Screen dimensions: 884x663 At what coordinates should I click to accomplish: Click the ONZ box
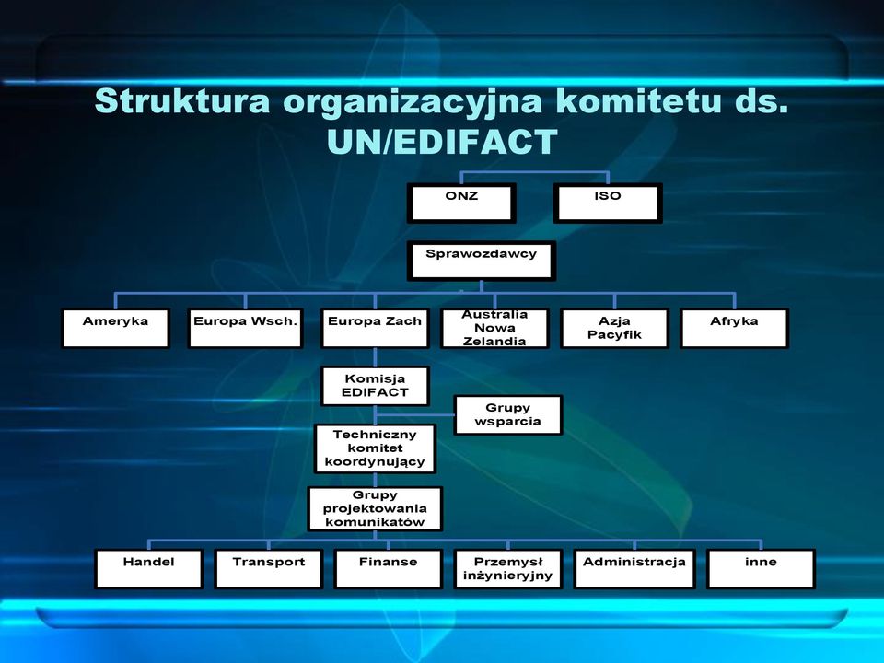point(461,203)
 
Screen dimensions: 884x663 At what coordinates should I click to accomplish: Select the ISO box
point(607,203)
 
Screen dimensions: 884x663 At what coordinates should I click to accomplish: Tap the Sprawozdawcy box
point(482,261)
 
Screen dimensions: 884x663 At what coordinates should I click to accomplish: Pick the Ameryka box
point(116,328)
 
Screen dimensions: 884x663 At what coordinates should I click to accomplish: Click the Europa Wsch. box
point(245,328)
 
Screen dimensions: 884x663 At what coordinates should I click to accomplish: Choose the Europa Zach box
point(375,328)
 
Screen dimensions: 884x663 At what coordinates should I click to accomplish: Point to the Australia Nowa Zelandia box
point(495,328)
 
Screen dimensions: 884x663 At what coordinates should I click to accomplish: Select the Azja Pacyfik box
point(614,328)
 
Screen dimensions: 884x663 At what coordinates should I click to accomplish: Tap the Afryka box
point(734,328)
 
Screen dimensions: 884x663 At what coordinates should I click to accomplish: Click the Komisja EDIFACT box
point(375,386)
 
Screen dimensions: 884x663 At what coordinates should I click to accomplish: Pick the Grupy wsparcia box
point(508,415)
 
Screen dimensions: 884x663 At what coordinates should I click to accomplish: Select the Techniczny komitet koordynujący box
point(375,448)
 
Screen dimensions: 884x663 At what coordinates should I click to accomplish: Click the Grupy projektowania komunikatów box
point(375,509)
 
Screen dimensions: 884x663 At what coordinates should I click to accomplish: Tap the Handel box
point(149,569)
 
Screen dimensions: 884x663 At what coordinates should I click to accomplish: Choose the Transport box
point(268,569)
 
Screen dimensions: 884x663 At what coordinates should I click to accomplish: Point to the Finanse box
point(388,569)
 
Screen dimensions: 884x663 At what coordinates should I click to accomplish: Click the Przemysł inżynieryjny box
point(508,569)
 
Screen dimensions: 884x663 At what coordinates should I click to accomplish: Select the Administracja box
point(634,569)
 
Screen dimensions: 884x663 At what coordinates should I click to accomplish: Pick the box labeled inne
point(762,569)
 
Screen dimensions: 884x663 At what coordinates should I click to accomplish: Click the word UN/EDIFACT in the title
point(442,142)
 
